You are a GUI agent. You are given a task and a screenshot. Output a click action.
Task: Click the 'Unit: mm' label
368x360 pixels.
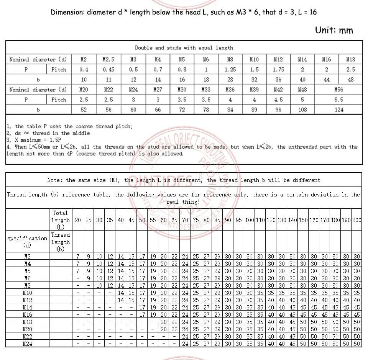pos(334,30)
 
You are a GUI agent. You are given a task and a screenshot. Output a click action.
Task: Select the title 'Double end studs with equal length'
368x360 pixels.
pos(184,48)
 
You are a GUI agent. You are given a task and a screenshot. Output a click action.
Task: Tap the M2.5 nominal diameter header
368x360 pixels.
pos(108,59)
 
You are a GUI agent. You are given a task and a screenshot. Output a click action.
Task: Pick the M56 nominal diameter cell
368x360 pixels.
pos(338,90)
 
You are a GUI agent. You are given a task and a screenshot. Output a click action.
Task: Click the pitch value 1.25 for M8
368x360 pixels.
pos(230,70)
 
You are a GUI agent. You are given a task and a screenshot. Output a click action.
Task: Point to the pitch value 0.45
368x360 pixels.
pos(108,70)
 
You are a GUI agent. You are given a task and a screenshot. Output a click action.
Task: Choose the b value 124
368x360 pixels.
pos(338,110)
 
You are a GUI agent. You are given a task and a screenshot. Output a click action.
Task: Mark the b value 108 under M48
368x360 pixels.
pos(302,110)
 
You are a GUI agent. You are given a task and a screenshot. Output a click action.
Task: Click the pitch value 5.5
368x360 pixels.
pos(338,100)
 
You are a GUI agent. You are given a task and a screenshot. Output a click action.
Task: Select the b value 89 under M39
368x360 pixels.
pos(254,110)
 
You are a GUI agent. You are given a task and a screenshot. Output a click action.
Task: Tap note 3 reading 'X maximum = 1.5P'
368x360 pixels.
pos(35,140)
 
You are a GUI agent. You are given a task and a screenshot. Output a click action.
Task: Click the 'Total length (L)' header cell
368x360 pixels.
pos(61,220)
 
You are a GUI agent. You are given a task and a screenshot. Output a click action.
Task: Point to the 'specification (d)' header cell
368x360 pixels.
pos(27,242)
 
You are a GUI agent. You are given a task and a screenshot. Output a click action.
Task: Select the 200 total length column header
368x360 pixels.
pos(357,220)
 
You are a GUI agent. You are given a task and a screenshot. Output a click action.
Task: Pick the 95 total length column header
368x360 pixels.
pos(239,220)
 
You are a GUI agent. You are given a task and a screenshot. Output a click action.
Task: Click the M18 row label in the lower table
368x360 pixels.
pos(27,322)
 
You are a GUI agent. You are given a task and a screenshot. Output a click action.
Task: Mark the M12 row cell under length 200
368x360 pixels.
pos(357,300)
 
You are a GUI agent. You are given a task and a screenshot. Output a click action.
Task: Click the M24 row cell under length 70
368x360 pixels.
pos(185,344)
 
